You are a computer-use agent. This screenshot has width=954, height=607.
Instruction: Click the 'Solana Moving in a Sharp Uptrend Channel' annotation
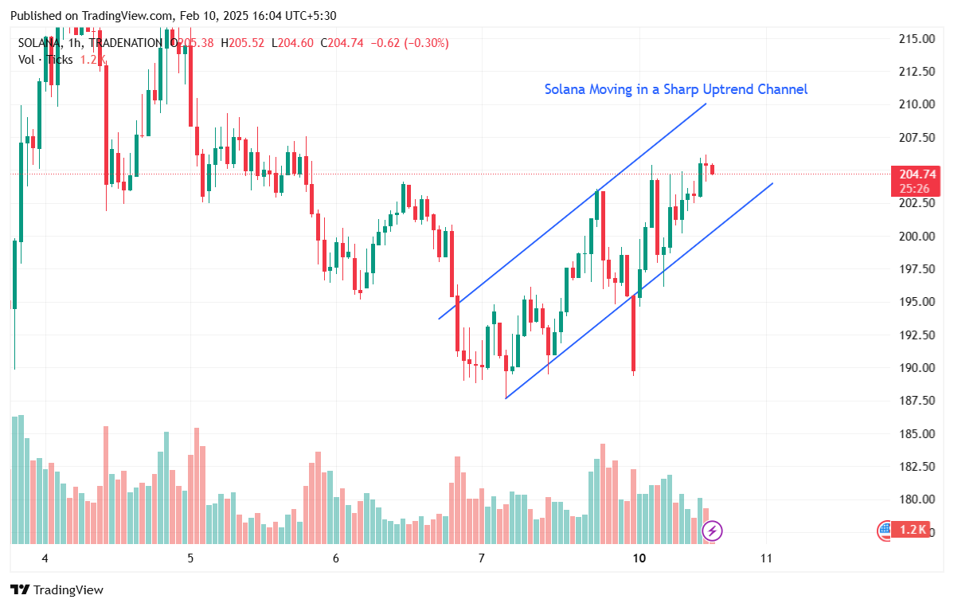[x=675, y=89]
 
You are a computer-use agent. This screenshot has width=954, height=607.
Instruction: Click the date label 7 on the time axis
[x=482, y=558]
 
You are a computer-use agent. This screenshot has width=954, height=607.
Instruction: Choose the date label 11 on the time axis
[x=766, y=558]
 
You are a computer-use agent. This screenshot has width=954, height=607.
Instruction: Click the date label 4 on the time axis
[x=45, y=558]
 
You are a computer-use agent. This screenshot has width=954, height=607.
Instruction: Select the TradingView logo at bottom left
[x=57, y=590]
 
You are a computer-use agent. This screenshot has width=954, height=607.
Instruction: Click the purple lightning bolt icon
[x=712, y=530]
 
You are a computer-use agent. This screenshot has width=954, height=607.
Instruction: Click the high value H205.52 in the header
[x=242, y=43]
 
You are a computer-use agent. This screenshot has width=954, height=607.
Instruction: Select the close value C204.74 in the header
[x=342, y=43]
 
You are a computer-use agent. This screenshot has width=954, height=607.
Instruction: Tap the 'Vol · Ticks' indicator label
[x=46, y=59]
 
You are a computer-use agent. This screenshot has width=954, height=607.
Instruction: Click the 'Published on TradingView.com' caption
[x=92, y=16]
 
